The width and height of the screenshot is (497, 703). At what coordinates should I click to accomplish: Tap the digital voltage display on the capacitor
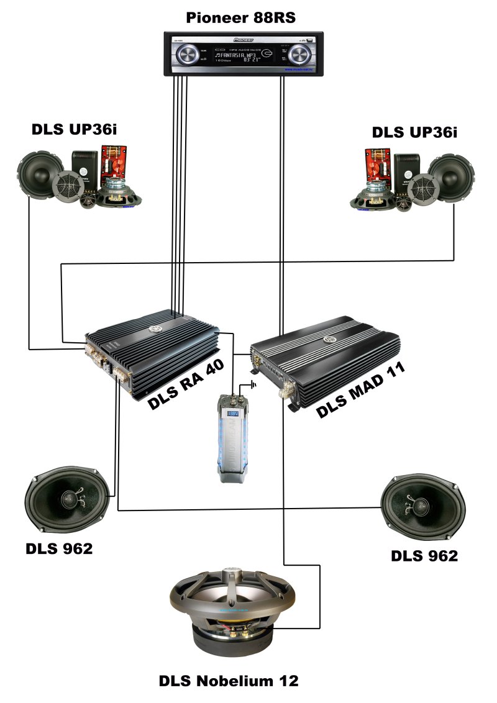235,413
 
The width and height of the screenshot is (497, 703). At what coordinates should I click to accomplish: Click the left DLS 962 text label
59,549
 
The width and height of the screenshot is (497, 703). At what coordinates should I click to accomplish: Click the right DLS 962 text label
424,555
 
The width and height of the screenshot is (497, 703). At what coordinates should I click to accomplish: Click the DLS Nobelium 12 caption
229,681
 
